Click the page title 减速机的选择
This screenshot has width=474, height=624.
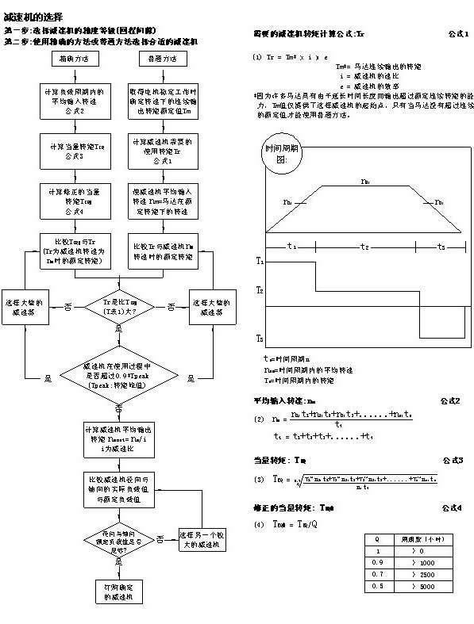click(31, 16)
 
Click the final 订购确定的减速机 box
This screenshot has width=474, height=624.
click(118, 590)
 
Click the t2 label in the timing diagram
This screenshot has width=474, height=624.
click(364, 247)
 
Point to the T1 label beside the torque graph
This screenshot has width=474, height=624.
click(260, 260)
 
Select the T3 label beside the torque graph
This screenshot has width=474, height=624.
click(260, 339)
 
